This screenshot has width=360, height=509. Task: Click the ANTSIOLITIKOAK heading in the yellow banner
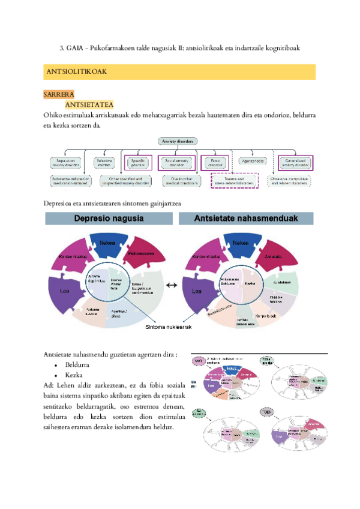(x=76, y=71)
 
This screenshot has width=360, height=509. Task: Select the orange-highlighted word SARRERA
(x=58, y=95)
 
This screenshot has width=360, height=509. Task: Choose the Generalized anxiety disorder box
(x=296, y=161)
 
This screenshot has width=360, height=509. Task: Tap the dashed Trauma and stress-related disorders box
(x=234, y=179)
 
